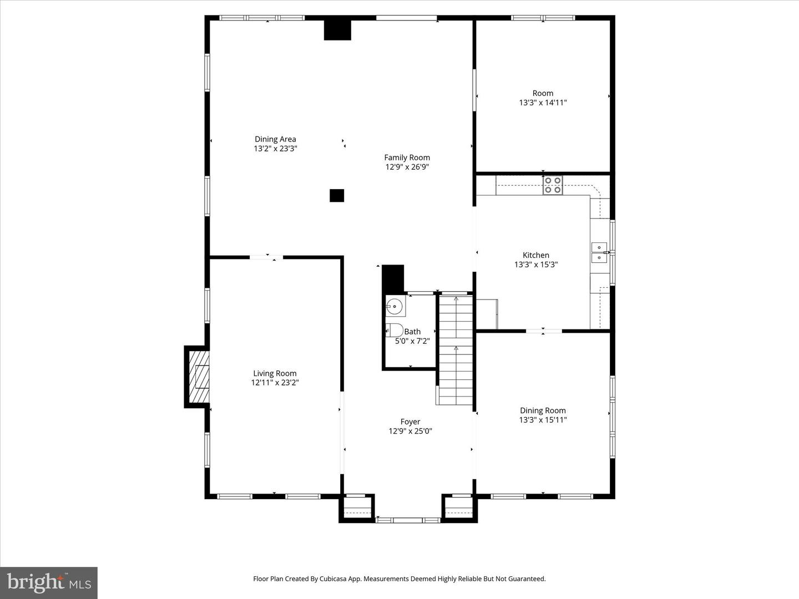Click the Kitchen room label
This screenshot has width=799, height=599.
tap(535, 255)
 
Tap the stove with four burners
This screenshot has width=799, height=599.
tap(553, 185)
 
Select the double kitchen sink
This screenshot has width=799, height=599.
tap(599, 252)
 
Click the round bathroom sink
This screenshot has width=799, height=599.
tap(395, 306)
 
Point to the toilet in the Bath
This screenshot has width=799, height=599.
tap(394, 330)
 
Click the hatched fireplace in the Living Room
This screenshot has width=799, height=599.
tap(199, 377)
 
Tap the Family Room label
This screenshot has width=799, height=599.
tap(407, 158)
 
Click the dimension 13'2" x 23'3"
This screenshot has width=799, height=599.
tap(275, 149)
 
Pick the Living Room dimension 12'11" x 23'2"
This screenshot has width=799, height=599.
tap(275, 383)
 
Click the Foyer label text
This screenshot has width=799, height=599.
tap(410, 422)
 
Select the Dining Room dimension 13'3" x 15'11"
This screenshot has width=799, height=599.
tap(543, 420)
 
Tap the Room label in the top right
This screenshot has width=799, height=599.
tap(543, 93)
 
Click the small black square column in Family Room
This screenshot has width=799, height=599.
tap(337, 195)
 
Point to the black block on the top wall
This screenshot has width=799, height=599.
tap(337, 30)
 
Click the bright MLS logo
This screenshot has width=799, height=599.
tap(49, 582)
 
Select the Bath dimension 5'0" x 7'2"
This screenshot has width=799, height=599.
tap(412, 341)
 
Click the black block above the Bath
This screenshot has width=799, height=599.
tap(393, 278)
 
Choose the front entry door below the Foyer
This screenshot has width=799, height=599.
tap(408, 520)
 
